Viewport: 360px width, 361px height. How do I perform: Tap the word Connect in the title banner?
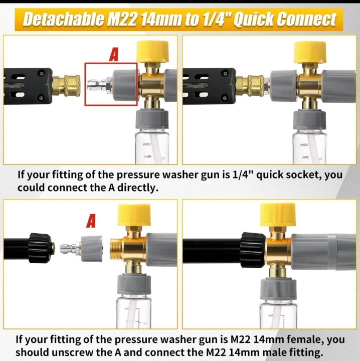(x=306, y=20)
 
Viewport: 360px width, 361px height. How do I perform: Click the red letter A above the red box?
(x=114, y=55)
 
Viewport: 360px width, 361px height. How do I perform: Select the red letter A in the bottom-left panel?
(x=91, y=221)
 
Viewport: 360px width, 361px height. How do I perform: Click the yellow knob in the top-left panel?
(x=152, y=52)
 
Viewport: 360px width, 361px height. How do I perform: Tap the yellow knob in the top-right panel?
(x=310, y=52)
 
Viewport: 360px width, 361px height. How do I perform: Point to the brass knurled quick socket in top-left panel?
(x=66, y=85)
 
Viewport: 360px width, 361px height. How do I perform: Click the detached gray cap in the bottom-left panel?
(x=92, y=248)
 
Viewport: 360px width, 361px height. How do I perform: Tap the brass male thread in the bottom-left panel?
(x=116, y=249)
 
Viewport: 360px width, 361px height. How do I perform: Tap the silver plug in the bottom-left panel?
(x=70, y=249)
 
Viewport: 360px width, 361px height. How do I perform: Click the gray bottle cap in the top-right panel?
(x=309, y=120)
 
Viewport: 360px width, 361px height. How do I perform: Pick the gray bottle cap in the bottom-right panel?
(x=278, y=289)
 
